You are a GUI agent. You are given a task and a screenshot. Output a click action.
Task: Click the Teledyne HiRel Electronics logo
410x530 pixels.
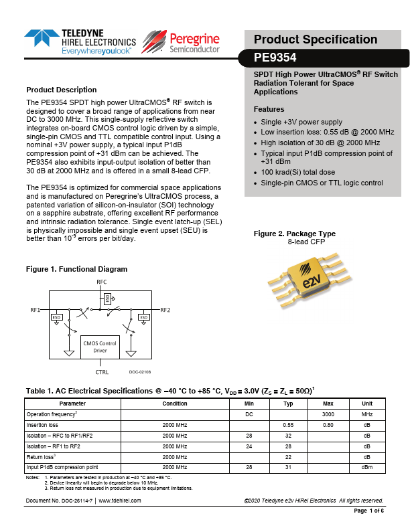point(79,41)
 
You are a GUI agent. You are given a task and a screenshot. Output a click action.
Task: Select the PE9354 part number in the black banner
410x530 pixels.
point(275,58)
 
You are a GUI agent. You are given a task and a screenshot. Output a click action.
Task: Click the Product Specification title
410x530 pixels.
point(316,39)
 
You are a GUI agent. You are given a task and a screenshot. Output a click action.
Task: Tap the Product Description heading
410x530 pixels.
point(61,90)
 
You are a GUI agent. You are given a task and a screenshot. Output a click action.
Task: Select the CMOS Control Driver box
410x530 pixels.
point(100,346)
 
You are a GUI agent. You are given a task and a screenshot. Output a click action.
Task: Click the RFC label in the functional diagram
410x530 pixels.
point(102,282)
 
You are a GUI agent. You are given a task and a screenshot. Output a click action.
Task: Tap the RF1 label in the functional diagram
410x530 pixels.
point(35,311)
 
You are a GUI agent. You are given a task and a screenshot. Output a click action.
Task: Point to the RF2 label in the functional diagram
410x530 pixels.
point(165,311)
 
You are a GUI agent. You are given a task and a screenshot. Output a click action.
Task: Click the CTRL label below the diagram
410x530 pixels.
point(102,372)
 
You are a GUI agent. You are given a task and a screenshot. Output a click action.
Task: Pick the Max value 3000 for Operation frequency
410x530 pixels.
point(328,414)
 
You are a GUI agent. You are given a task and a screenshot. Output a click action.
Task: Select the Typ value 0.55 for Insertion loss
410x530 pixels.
point(289,425)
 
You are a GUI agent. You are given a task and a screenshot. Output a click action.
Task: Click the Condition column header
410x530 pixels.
point(175,404)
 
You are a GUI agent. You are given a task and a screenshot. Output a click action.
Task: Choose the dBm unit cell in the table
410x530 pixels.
point(367,466)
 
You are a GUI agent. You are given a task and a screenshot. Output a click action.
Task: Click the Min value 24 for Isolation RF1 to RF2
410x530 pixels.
point(249,446)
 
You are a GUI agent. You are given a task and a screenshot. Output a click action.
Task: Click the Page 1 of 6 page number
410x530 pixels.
point(368,511)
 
